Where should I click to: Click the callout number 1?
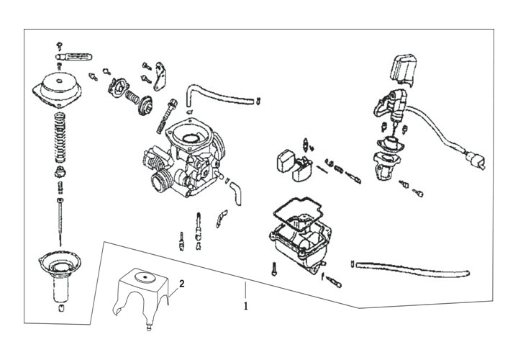(246, 305)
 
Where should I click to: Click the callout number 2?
(182, 284)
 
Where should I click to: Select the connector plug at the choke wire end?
(476, 178)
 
